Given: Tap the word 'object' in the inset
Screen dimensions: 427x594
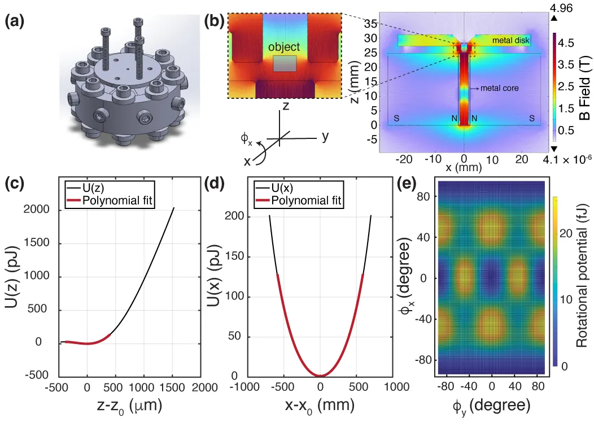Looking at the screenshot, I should pyautogui.click(x=284, y=47).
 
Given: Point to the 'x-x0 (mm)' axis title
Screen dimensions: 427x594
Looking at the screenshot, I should pyautogui.click(x=320, y=406).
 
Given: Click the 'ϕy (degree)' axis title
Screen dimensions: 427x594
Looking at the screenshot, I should pyautogui.click(x=491, y=406).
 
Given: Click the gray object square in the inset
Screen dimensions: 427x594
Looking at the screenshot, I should pyautogui.click(x=284, y=64).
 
